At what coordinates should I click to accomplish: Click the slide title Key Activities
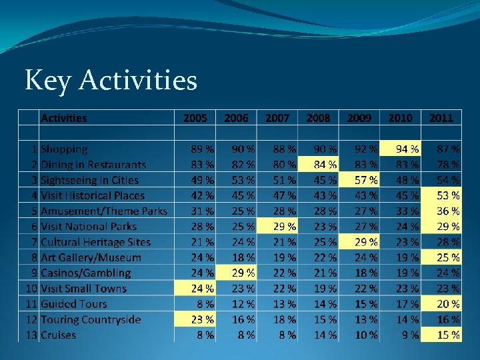click(111, 81)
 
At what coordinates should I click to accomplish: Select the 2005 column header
click(195, 118)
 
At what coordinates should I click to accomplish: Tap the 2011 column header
click(441, 118)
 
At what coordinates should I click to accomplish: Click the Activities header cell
click(64, 118)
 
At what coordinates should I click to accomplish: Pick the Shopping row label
click(64, 149)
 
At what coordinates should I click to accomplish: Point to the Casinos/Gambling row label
click(85, 273)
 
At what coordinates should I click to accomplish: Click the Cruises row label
click(59, 335)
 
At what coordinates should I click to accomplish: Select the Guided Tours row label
click(73, 304)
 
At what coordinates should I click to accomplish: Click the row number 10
click(31, 289)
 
